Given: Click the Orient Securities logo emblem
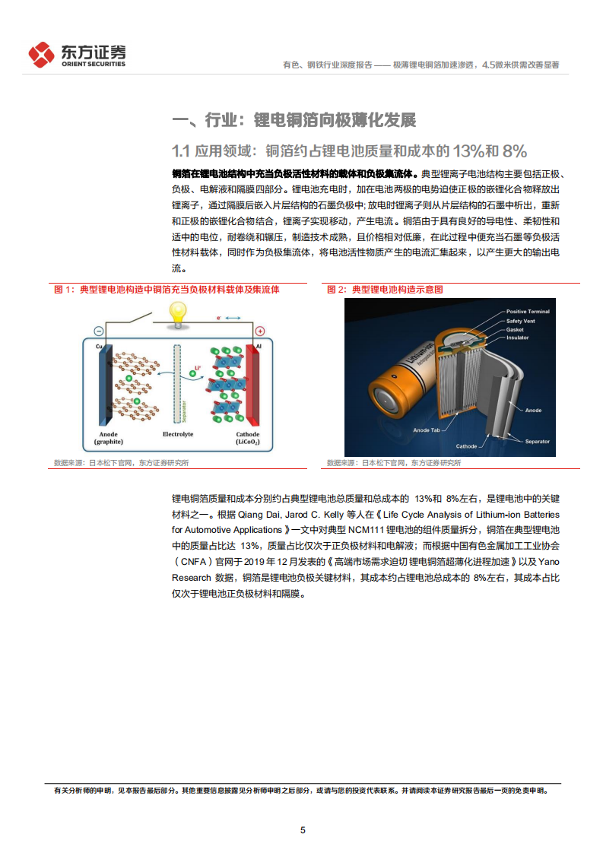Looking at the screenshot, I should click(42, 54).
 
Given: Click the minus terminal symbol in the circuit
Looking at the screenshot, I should click(98, 331).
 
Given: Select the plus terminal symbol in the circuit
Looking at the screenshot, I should click(259, 331).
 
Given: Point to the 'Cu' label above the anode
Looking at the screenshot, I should click(99, 347).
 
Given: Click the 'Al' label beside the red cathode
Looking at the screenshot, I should click(259, 347).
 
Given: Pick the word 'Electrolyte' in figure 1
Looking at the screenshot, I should click(178, 434).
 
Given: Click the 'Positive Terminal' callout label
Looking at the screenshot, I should click(528, 312).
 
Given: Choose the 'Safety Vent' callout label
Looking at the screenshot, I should click(521, 321).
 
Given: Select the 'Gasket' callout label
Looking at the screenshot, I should click(515, 329).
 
